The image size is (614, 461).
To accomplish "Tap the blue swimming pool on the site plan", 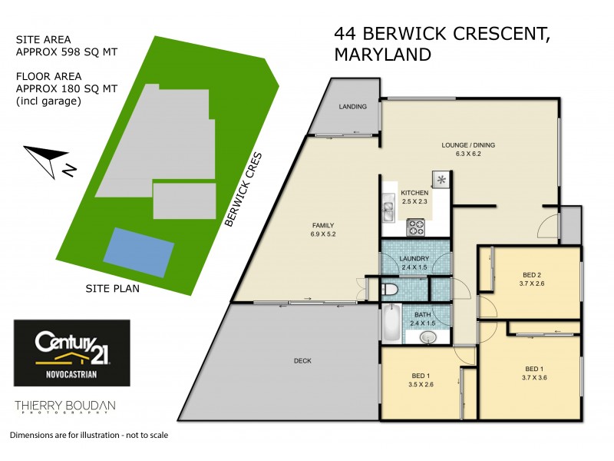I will [x=138, y=252].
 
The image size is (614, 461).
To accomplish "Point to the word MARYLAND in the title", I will [x=382, y=55].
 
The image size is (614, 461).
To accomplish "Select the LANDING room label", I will [x=353, y=106].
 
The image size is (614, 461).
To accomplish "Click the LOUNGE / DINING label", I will [x=468, y=148].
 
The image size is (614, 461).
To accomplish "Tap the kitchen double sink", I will [x=388, y=211].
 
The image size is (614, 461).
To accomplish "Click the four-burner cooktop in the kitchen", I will [x=416, y=227].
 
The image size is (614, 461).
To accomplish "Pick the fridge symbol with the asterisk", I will [x=441, y=181].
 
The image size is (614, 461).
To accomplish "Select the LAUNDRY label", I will [x=414, y=263].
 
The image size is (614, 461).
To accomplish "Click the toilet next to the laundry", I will [x=389, y=290].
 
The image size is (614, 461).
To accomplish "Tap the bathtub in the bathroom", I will [x=391, y=323].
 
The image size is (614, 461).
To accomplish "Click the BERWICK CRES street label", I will [x=244, y=188].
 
